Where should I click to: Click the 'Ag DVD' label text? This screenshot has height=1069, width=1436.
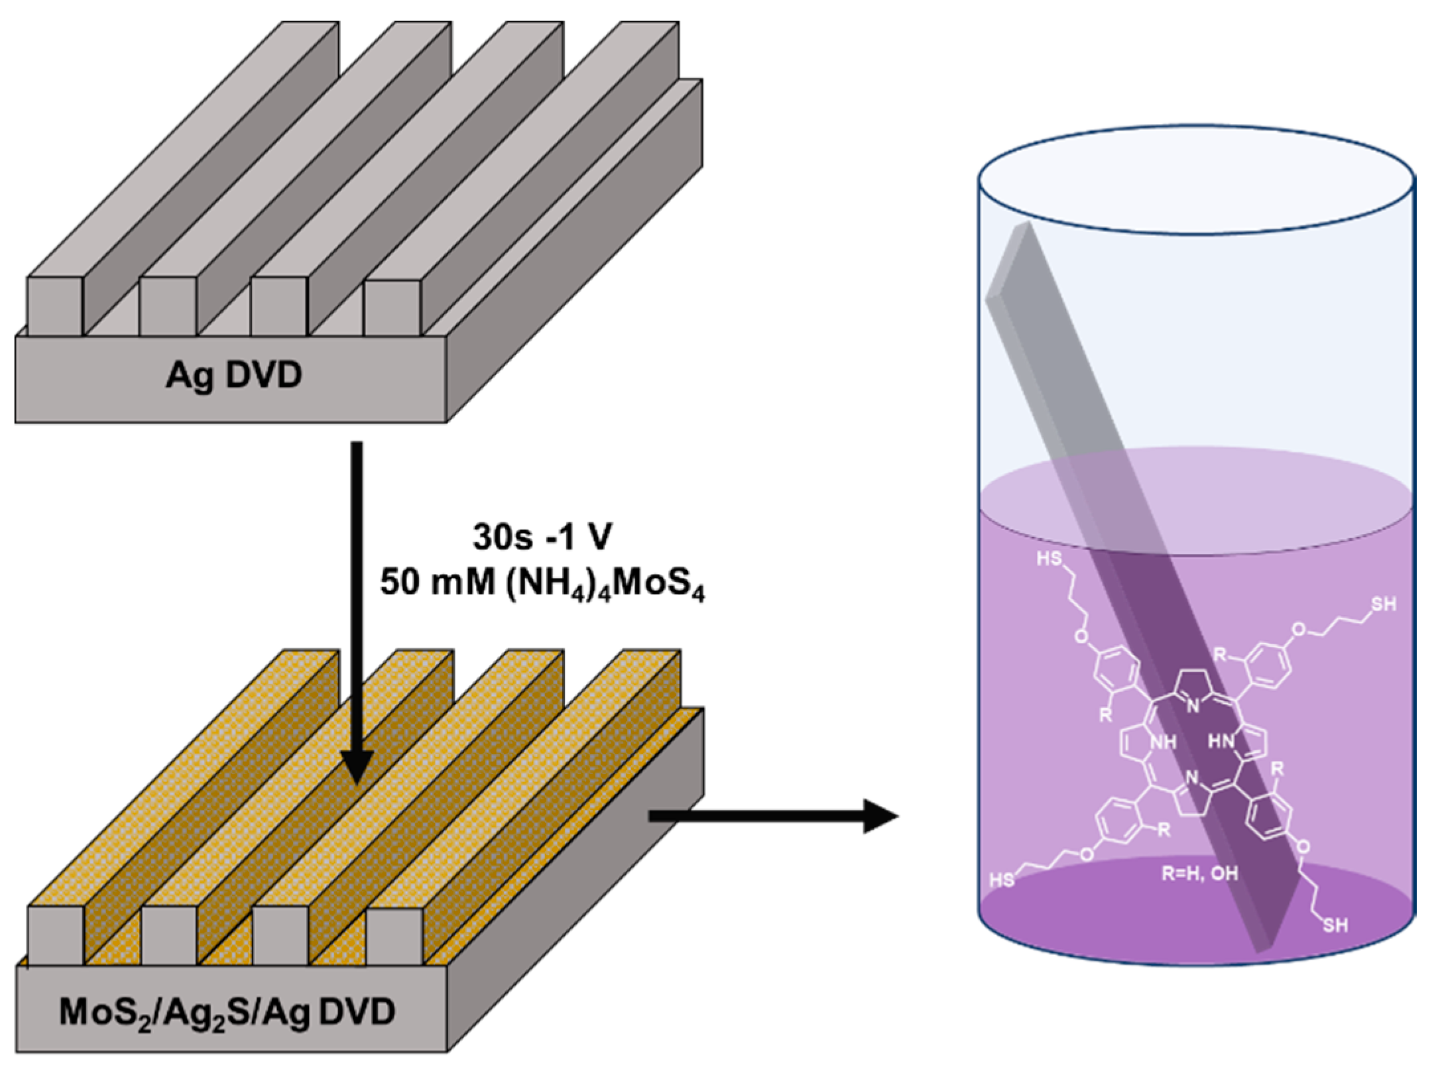[x=233, y=375]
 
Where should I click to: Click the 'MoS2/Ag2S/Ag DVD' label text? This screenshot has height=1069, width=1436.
[x=227, y=1012]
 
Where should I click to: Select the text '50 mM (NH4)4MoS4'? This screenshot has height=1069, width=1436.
[x=542, y=585]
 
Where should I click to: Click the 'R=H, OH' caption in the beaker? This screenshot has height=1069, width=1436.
[x=1200, y=873]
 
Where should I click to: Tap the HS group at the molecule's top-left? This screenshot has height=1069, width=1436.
[x=1049, y=559]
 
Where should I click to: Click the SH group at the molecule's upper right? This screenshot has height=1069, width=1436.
[x=1383, y=604]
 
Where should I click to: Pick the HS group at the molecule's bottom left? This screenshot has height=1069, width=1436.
[x=1002, y=880]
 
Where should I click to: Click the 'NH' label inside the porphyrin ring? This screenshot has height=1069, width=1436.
[x=1162, y=742]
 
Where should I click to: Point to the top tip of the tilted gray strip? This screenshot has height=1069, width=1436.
[x=1025, y=227]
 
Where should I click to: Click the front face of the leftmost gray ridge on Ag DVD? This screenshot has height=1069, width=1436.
[x=55, y=306]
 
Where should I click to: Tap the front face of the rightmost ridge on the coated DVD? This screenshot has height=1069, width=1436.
[x=394, y=936]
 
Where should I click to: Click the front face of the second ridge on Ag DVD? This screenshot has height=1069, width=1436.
[x=168, y=306]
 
